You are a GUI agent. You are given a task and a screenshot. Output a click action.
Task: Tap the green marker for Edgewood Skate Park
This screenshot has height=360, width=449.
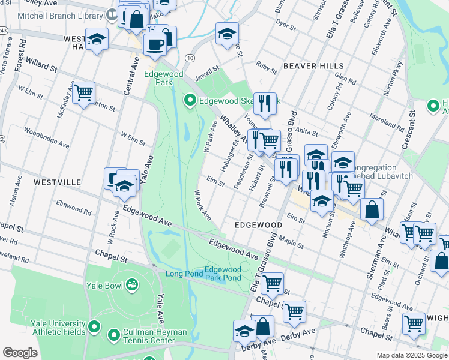tap(190, 100)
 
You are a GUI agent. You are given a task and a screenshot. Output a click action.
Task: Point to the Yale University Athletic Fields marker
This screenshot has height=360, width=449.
tap(94, 327)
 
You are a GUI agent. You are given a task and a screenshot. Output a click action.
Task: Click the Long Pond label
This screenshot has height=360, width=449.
tap(184, 274)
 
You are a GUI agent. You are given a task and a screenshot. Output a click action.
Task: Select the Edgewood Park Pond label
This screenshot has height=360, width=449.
tap(223, 274)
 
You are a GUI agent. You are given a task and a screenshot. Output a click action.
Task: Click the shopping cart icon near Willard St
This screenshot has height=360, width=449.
tap(84, 92)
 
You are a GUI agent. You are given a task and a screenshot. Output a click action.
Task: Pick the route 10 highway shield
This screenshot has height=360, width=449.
tap(190, 58)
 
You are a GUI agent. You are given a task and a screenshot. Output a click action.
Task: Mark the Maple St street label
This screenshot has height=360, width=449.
tap(292, 245)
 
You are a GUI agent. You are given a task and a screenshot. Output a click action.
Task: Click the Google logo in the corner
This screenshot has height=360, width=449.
tap(20, 353)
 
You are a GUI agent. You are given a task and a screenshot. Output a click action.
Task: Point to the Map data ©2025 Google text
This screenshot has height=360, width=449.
tap(411, 355)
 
